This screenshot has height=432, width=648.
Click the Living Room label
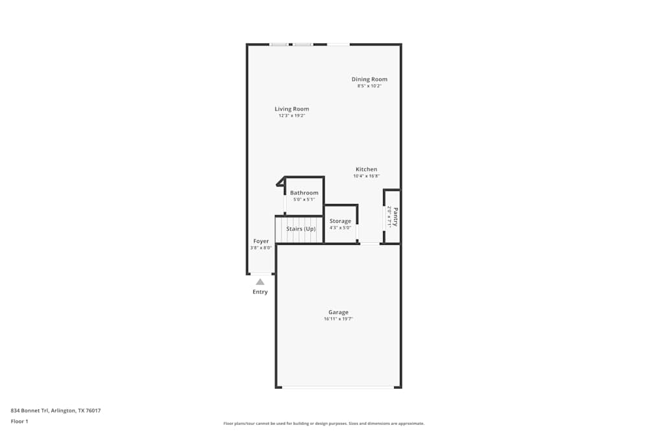click(292, 109)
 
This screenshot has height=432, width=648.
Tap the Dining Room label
click(369, 79)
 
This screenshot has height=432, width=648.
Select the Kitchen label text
click(366, 169)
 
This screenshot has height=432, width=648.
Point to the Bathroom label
click(304, 192)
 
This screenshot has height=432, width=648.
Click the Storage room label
click(340, 221)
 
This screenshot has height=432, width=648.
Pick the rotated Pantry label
click(395, 216)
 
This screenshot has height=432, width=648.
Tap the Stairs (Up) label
click(301, 229)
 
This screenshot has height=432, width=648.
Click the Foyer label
click(260, 241)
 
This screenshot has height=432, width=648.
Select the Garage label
click(338, 312)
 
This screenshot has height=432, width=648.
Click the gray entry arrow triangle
click(260, 282)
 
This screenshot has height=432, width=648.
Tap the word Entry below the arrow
click(260, 292)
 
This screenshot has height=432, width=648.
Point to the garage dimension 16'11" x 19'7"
click(338, 319)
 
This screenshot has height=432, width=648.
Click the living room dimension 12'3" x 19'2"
click(292, 116)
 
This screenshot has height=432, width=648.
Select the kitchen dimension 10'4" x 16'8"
click(366, 176)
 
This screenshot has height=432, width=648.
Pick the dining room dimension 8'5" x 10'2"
click(369, 86)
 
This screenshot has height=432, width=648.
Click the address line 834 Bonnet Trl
click(56, 410)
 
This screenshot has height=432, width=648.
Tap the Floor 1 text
click(19, 421)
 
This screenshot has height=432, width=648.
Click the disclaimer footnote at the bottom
click(324, 423)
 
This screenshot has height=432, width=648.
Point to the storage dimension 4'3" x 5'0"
click(340, 228)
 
